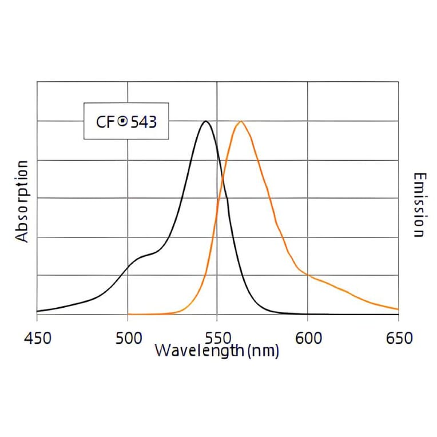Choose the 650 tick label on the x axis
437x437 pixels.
coord(398,338)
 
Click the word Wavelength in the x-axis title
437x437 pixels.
coord(192,350)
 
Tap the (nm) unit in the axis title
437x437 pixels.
coord(264,350)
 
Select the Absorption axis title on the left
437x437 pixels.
coord(22,201)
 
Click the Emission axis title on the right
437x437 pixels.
coord(419,205)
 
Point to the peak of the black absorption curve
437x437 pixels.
coord(206,121)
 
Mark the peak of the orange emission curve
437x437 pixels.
coord(241,121)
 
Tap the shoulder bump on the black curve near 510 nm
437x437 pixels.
coord(146,255)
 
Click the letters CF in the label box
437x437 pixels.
coord(106,122)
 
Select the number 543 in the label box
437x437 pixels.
coord(143,122)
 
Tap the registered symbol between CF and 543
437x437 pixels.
coord(122,121)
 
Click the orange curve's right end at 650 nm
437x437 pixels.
coord(398,309)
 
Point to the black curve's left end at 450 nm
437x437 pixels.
coord(37,311)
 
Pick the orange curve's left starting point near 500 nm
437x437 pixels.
coord(129,314)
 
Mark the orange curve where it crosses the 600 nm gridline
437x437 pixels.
coord(308,275)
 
